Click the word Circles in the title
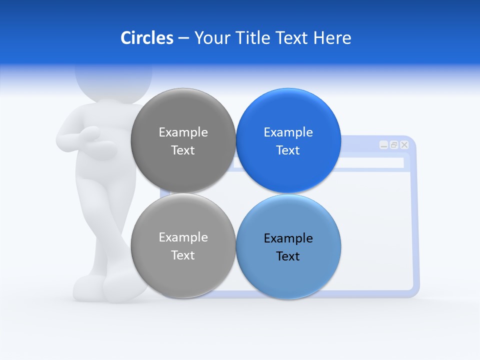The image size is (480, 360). pos(147,38)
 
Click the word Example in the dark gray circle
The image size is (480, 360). pos(183,132)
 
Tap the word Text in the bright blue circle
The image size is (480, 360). pos(288,150)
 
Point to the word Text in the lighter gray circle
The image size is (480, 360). pos(183,255)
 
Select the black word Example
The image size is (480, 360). pos(288,238)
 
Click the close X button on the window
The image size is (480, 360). pos(404,145)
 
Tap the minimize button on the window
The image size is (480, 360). pos(383,145)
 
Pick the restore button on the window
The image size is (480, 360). pos(394,145)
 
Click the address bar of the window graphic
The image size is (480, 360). pos(370,163)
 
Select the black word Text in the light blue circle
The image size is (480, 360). pos(288,256)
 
